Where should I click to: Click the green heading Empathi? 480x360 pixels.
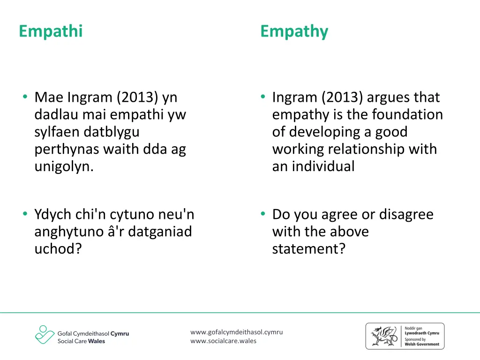(51, 31)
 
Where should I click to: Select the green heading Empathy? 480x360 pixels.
(294, 31)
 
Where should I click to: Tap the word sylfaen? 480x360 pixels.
(57, 132)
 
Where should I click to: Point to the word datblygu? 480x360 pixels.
(112, 132)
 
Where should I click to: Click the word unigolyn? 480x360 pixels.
(64, 167)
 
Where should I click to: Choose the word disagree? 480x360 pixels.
(406, 215)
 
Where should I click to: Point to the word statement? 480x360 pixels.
(308, 249)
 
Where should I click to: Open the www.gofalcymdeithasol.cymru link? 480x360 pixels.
(236, 332)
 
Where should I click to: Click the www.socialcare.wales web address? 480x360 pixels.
(223, 341)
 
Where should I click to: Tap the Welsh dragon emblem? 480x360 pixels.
(382, 336)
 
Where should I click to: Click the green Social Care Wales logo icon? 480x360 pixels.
(45, 335)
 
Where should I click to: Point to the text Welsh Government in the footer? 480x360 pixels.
(422, 344)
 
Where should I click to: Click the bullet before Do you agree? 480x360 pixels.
(263, 214)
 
